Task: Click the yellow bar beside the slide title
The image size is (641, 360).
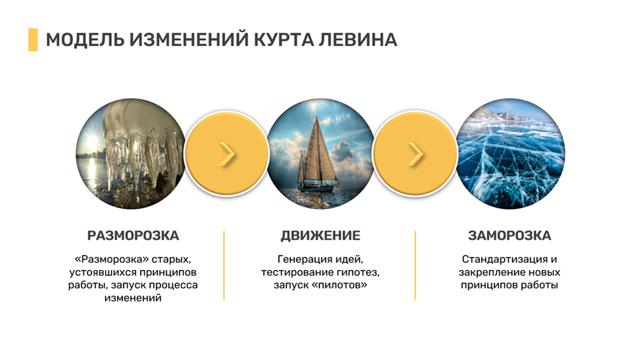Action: click(x=32, y=40)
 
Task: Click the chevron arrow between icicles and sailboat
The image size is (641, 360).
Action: click(x=227, y=154)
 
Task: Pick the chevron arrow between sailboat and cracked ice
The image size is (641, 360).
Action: click(x=415, y=154)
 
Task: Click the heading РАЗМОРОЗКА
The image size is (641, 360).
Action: click(x=133, y=236)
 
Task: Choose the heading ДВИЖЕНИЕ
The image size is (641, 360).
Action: click(x=320, y=236)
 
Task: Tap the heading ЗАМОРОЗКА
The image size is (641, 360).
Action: click(x=510, y=236)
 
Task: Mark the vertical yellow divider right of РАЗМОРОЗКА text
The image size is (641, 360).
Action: click(x=224, y=265)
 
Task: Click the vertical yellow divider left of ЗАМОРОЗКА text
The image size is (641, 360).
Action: click(x=415, y=265)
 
